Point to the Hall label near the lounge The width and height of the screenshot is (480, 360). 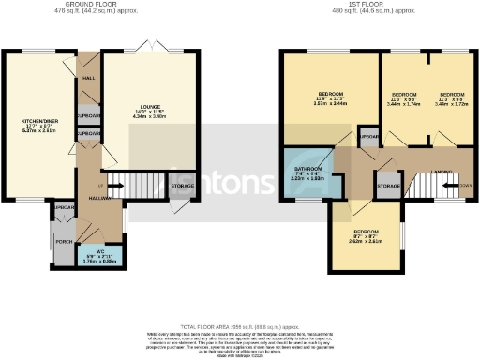pos(90,79)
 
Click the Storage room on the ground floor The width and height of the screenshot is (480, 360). pos(183,187)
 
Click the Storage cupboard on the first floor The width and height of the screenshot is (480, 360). pos(388,185)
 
